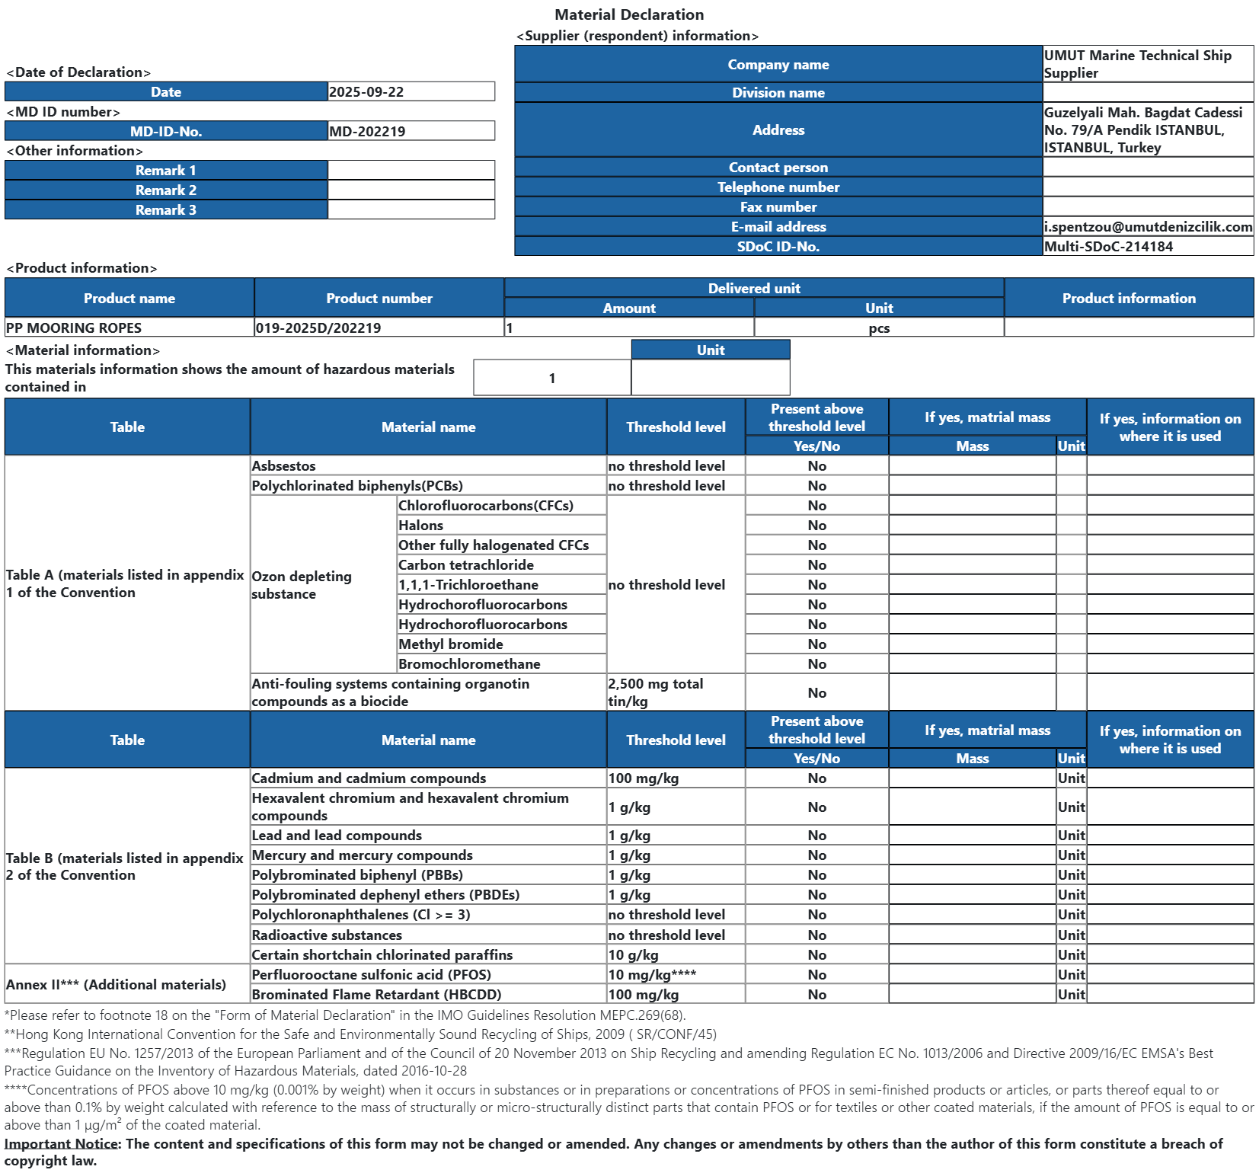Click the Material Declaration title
click(629, 14)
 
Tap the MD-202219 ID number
click(367, 132)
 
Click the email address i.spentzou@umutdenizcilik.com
click(1148, 227)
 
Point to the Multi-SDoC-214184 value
click(1108, 247)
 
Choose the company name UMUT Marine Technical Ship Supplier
click(1137, 64)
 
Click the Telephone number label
click(778, 187)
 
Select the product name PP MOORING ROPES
click(74, 328)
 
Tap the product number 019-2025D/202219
click(318, 328)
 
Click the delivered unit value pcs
click(879, 328)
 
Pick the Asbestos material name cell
click(283, 466)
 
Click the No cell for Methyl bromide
click(816, 644)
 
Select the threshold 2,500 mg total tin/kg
click(655, 692)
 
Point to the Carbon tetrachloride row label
click(466, 565)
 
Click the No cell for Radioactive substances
click(816, 935)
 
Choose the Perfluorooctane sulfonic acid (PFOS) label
click(371, 975)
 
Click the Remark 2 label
click(166, 190)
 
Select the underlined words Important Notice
click(62, 1144)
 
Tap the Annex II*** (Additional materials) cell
click(116, 985)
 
